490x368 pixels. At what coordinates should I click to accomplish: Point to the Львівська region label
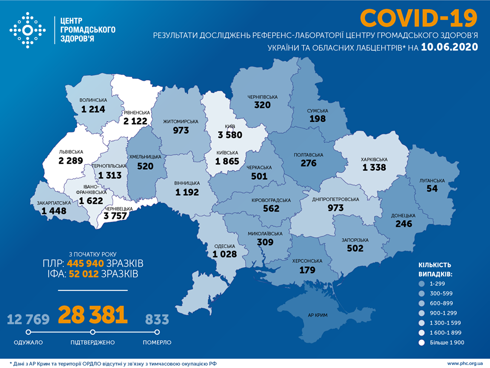click(x=70, y=152)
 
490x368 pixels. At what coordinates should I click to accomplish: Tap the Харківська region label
click(x=375, y=159)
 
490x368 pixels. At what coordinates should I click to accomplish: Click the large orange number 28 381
click(x=92, y=316)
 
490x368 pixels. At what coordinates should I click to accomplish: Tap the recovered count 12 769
click(x=28, y=319)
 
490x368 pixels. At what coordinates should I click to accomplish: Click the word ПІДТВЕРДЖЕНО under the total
click(x=92, y=342)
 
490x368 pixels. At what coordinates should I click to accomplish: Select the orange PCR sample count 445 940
click(x=83, y=263)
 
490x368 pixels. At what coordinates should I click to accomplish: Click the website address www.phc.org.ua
click(x=465, y=363)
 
